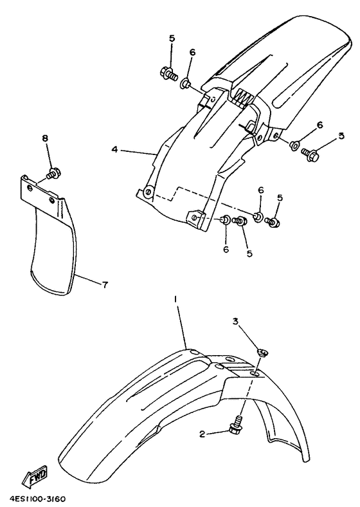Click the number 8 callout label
coord(45,138)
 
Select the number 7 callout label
coord(105,284)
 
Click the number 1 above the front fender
coord(175,300)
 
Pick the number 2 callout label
coord(202,434)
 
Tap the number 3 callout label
coord(235,321)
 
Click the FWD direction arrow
coord(35,476)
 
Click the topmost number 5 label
coord(172,39)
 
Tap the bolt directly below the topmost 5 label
coord(169,73)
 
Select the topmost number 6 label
coord(192,52)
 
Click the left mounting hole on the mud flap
coord(30,188)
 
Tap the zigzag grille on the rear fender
coord(244,97)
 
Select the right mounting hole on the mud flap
coord(51,201)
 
